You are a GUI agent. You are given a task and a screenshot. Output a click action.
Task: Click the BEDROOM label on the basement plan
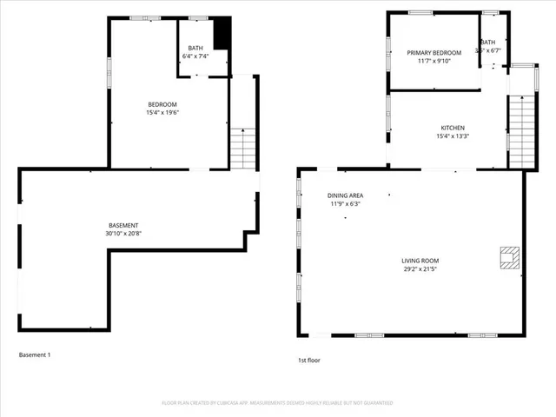(162, 104)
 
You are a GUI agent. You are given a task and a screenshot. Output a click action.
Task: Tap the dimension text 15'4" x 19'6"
(162, 112)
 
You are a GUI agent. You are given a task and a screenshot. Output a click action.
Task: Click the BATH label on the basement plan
(195, 49)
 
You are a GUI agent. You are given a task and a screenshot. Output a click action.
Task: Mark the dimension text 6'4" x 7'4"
(195, 56)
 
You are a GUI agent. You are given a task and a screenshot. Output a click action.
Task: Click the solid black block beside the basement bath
(222, 34)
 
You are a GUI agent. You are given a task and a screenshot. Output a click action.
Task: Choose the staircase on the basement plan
(243, 148)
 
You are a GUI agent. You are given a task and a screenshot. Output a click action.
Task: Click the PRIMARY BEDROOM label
(434, 53)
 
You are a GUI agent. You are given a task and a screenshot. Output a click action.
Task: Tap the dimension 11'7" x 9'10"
(434, 61)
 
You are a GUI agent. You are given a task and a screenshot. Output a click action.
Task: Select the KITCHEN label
(452, 128)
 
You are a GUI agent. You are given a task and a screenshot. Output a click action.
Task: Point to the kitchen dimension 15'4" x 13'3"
(452, 136)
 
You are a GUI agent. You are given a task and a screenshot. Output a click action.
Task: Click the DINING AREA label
(345, 196)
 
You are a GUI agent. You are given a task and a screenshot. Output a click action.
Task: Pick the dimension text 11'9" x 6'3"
(345, 204)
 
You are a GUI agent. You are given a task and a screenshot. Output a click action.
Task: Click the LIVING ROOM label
(420, 261)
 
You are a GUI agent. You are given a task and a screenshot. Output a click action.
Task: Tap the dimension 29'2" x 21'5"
(420, 268)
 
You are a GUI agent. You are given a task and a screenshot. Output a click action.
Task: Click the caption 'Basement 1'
(36, 354)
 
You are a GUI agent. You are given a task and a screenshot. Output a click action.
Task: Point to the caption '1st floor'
(310, 359)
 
